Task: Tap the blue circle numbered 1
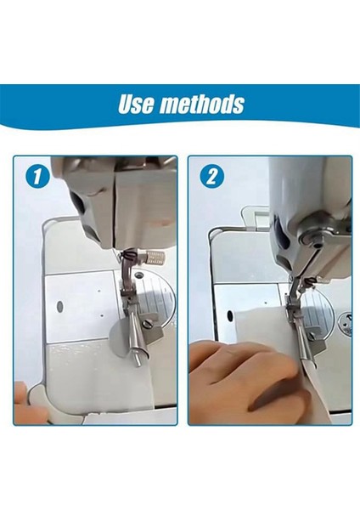click(x=35, y=178)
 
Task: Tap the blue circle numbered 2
click(x=210, y=178)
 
